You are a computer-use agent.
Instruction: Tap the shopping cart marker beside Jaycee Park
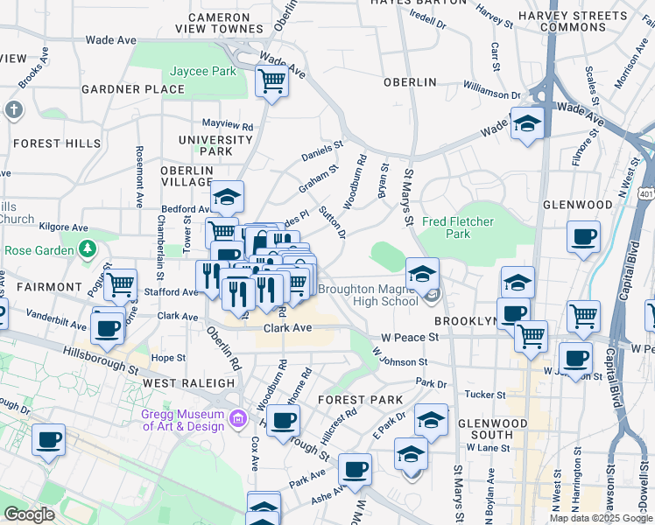[x=272, y=82]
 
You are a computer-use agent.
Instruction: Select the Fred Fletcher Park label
[x=458, y=227]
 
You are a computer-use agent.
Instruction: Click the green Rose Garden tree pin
[x=87, y=251]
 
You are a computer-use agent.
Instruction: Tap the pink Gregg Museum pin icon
[x=236, y=420]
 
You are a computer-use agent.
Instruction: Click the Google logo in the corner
[x=29, y=514]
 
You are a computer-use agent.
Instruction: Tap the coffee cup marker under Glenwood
[x=583, y=236]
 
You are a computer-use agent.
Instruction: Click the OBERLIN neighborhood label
[x=409, y=81]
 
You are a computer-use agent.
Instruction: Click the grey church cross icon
[x=12, y=110]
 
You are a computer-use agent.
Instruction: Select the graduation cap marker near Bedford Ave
[x=227, y=197]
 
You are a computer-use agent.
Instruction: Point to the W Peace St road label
[x=409, y=337]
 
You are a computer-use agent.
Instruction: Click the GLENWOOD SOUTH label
[x=492, y=430]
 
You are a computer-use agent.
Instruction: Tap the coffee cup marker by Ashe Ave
[x=356, y=470]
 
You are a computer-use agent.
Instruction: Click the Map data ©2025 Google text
[x=602, y=518]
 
